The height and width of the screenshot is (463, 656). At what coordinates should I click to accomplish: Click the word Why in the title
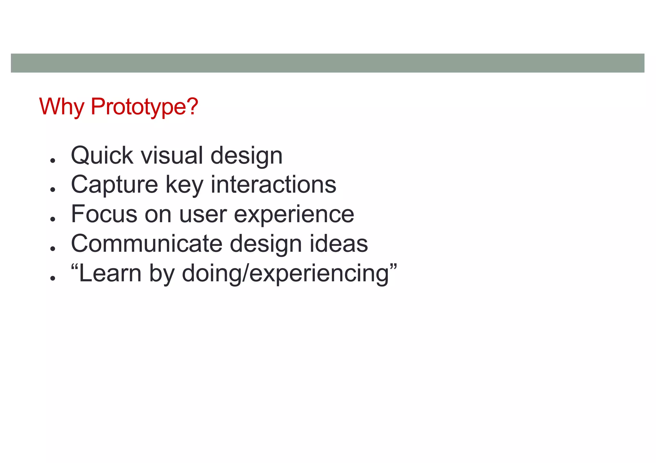[61, 107]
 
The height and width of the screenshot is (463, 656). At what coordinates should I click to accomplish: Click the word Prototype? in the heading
[144, 107]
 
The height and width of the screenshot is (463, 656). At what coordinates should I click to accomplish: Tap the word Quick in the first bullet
[102, 156]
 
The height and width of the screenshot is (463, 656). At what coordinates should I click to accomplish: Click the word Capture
[114, 185]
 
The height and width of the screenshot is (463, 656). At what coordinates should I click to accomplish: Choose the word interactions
[274, 185]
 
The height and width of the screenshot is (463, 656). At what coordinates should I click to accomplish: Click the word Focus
[104, 214]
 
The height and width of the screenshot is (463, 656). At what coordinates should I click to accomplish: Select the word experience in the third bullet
[294, 215]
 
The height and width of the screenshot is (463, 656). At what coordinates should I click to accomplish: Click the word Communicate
[146, 244]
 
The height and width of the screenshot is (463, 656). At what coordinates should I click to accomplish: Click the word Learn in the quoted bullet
[110, 273]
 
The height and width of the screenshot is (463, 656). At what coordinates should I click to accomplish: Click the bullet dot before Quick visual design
[53, 160]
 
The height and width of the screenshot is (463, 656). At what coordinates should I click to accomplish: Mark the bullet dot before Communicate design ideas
[53, 248]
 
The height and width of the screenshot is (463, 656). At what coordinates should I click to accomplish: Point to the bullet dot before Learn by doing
[53, 278]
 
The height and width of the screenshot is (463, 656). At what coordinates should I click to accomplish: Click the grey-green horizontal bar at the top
[327, 63]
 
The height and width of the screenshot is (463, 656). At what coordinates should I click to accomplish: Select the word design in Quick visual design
[247, 156]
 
